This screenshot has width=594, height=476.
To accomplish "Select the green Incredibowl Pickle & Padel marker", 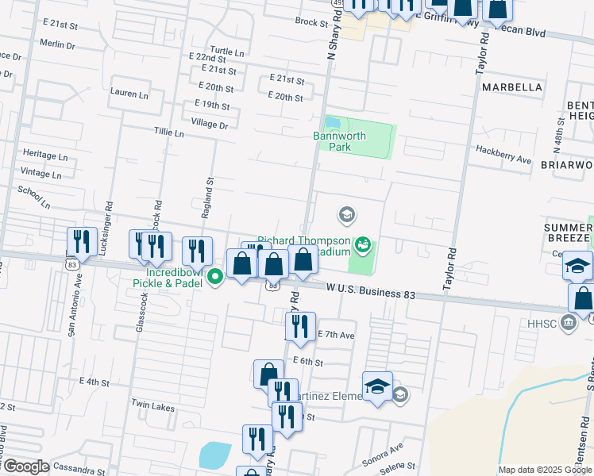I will (x=214, y=278).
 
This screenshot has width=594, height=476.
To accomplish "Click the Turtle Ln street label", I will (x=228, y=52).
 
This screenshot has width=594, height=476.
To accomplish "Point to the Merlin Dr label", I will (x=56, y=45).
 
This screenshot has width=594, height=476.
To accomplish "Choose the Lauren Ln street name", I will (x=129, y=93).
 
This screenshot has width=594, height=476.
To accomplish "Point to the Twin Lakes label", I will (x=152, y=407).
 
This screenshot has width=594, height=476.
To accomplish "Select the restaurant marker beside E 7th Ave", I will (x=299, y=327).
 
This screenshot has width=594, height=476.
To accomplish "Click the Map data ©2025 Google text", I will (x=544, y=470).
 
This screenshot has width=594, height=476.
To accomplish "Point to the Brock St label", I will (x=311, y=23).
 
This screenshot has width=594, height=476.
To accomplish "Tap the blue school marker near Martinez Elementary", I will (x=377, y=386).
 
